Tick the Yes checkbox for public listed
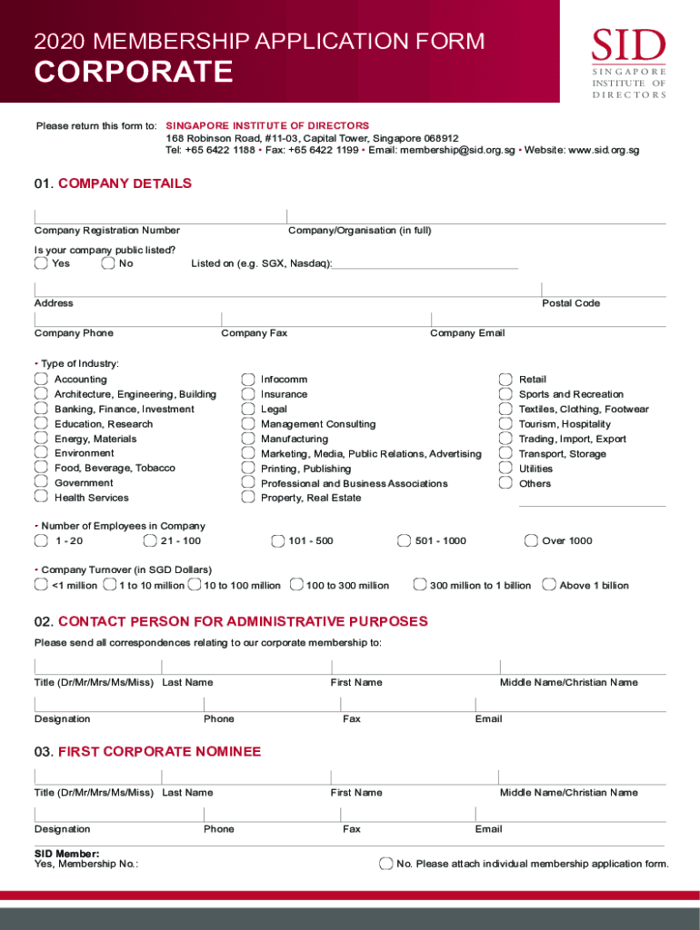tap(41, 263)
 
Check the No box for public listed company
tap(108, 263)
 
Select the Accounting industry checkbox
tap(41, 379)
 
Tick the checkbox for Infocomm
tap(247, 379)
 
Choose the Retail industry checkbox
tap(505, 379)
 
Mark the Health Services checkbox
tap(41, 497)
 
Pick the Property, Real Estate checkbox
tap(247, 497)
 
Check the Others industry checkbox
tap(505, 482)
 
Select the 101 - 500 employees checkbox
tap(277, 541)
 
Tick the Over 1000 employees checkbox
tap(531, 541)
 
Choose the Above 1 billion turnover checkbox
tap(548, 585)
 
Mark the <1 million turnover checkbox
tap(41, 585)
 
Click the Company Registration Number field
tap(160, 216)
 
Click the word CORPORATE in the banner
tap(134, 72)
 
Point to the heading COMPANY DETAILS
tap(125, 183)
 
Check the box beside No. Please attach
tap(385, 863)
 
